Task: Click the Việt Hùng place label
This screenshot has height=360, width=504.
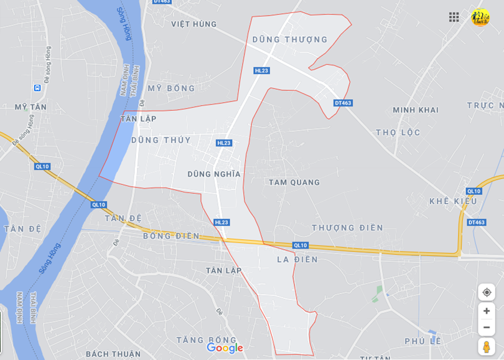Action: [x=194, y=24]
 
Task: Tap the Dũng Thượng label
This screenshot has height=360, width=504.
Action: [x=289, y=39]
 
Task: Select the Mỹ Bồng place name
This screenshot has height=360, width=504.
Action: [x=171, y=88]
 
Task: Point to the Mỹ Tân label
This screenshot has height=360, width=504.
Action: [x=30, y=107]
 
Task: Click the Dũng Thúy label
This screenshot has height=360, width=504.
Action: [x=161, y=140]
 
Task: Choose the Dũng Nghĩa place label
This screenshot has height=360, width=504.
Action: [x=214, y=174]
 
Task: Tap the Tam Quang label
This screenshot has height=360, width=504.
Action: [x=294, y=182]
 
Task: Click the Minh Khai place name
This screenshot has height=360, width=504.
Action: [x=416, y=110]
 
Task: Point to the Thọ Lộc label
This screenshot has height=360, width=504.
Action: [x=398, y=133]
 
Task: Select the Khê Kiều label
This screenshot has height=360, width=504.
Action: [x=453, y=201]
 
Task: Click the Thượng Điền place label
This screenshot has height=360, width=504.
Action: [x=348, y=228]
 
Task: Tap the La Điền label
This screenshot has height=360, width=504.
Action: [x=297, y=259]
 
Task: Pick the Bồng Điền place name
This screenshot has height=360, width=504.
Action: [x=171, y=236]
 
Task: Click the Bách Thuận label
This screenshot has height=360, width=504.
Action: [x=113, y=354]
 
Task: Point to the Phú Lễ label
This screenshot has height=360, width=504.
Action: [x=422, y=341]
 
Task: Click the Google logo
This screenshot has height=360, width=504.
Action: [x=225, y=348]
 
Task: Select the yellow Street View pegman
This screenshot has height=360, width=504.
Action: [x=487, y=346]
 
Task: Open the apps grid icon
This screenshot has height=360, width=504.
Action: [x=454, y=17]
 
